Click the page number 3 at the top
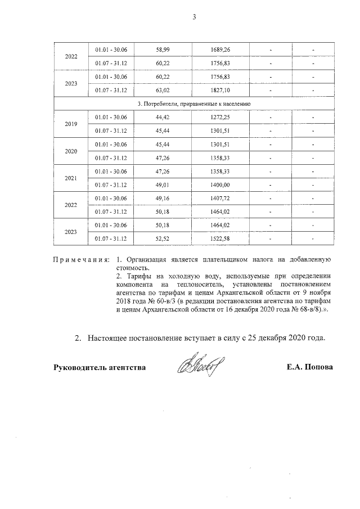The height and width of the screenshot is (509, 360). click(x=194, y=17)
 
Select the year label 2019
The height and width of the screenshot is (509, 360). click(x=71, y=124)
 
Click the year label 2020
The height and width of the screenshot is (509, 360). click(x=71, y=151)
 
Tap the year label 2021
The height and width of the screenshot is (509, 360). click(x=71, y=178)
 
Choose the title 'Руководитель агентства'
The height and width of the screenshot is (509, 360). click(x=100, y=367)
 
